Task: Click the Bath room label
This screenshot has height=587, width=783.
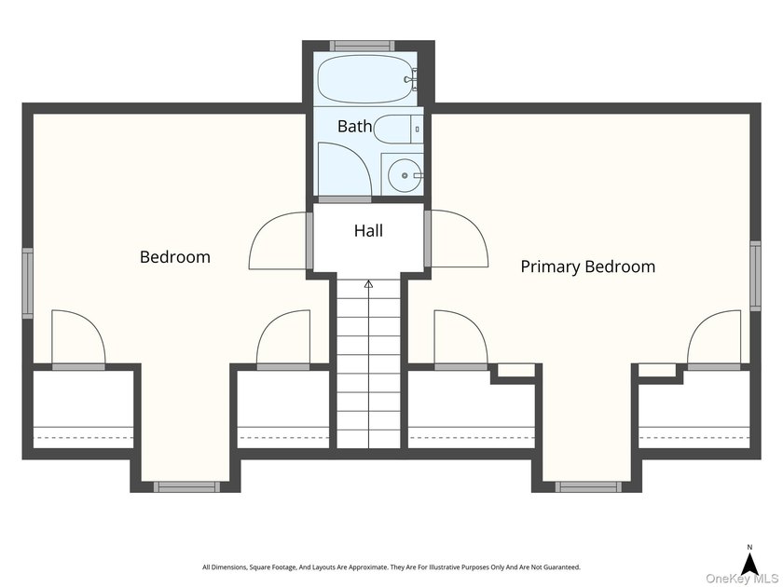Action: pyautogui.click(x=354, y=126)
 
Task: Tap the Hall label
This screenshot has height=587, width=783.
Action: pyautogui.click(x=368, y=231)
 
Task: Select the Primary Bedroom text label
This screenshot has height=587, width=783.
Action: pyautogui.click(x=588, y=266)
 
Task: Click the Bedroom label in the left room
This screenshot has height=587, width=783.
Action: pyautogui.click(x=175, y=257)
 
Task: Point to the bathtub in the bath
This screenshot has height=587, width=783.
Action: pyautogui.click(x=367, y=79)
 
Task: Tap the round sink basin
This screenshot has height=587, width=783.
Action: pyautogui.click(x=405, y=175)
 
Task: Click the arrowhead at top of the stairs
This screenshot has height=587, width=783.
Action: pyautogui.click(x=368, y=284)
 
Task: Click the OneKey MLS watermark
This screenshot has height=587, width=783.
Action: pyautogui.click(x=742, y=579)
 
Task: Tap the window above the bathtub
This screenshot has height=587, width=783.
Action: pyautogui.click(x=362, y=46)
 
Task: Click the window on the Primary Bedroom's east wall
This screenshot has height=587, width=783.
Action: pyautogui.click(x=756, y=276)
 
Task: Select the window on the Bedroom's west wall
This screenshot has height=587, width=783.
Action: pyautogui.click(x=27, y=282)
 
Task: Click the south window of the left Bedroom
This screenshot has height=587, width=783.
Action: pyautogui.click(x=186, y=486)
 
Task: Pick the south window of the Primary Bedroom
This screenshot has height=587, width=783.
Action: pyautogui.click(x=588, y=486)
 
